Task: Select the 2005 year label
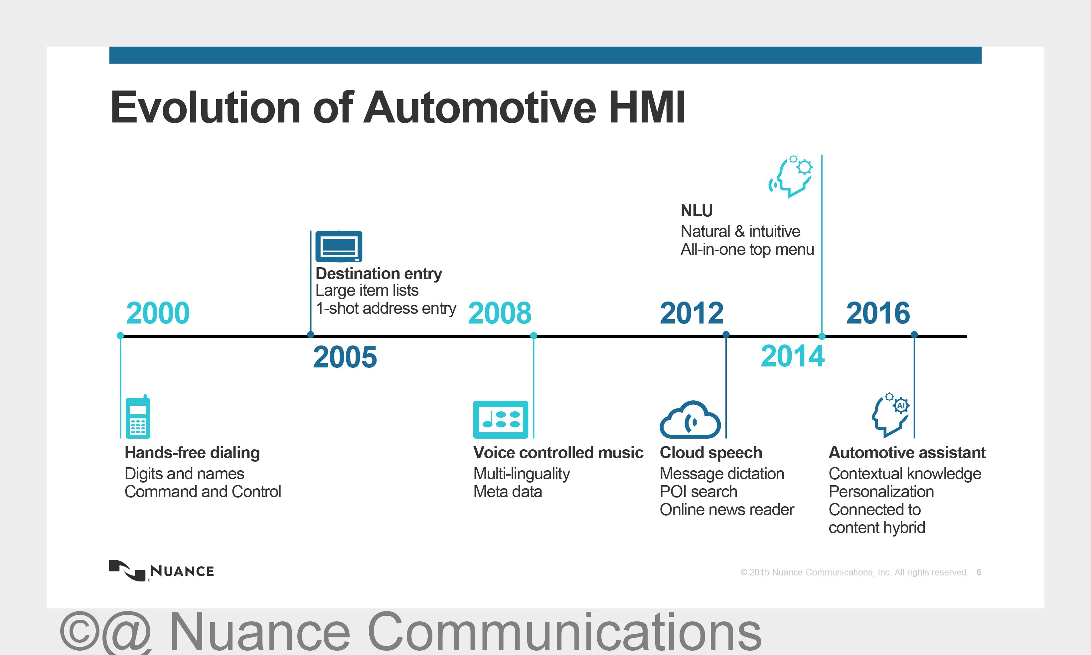[x=345, y=357]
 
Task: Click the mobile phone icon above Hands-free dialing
[x=138, y=416]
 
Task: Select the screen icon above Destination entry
[x=339, y=246]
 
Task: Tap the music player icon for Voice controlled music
[x=501, y=419]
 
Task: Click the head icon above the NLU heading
[x=791, y=176]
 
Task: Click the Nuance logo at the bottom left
[x=161, y=571]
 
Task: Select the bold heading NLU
[x=697, y=211]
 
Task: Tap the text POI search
[x=699, y=492]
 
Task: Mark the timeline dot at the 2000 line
[x=120, y=335]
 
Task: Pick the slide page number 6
[x=979, y=572]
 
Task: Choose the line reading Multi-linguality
[x=522, y=474]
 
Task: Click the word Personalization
[x=881, y=492]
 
